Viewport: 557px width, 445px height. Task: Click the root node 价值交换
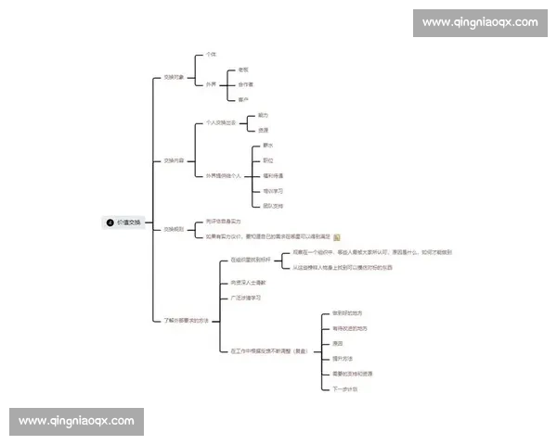(126, 222)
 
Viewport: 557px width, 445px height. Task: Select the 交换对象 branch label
(175, 77)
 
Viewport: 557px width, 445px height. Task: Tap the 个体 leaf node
(211, 55)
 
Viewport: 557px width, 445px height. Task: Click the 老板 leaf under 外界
(243, 70)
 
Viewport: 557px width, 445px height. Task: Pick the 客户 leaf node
(243, 99)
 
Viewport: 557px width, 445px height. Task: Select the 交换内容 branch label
(175, 160)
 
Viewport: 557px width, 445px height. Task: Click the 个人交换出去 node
(220, 122)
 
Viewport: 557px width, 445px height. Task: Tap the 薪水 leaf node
(268, 146)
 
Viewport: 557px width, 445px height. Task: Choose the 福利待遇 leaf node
(273, 175)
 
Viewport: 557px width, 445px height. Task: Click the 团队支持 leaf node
(273, 205)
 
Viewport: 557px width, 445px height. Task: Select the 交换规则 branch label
(175, 229)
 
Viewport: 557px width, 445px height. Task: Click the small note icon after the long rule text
(337, 236)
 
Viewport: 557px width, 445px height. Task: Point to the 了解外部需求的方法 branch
(188, 320)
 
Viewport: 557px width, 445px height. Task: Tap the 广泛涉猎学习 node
(246, 298)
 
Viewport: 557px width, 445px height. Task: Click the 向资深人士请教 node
(248, 282)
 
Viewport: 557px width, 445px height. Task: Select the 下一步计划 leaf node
(345, 388)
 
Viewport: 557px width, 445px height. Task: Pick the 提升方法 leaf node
(343, 358)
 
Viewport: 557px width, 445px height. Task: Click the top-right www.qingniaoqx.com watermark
(479, 21)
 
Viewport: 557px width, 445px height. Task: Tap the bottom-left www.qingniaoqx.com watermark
(77, 421)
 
